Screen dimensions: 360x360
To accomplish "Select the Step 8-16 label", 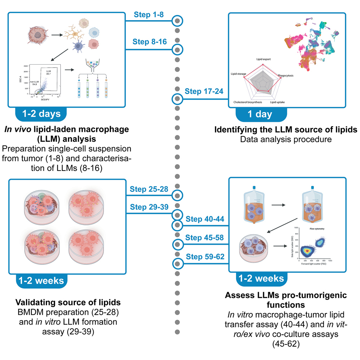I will (x=146, y=42).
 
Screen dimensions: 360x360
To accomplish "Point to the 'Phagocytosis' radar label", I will (x=286, y=76).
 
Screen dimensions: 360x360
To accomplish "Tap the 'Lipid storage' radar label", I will (x=239, y=74).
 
